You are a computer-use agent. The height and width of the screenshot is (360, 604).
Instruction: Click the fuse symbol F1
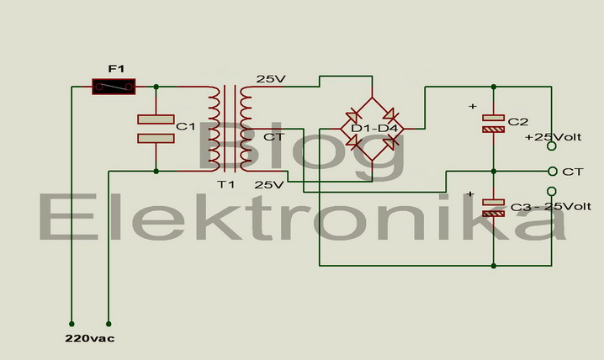(x=114, y=86)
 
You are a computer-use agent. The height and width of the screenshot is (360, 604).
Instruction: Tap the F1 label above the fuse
(x=116, y=67)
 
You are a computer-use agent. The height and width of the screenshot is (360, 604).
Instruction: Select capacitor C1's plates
(x=156, y=128)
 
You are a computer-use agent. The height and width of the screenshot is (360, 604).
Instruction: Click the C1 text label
(x=185, y=127)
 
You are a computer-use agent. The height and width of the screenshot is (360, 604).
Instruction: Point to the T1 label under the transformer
(x=225, y=184)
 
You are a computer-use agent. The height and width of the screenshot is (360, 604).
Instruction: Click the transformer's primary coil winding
(x=214, y=128)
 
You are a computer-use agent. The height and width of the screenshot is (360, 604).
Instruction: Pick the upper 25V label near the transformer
(x=271, y=79)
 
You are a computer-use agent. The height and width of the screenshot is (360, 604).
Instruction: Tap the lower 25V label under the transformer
(x=269, y=184)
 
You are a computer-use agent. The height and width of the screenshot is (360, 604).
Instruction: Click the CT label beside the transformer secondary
(x=273, y=136)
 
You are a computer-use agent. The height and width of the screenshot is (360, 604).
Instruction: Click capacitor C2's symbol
(x=494, y=124)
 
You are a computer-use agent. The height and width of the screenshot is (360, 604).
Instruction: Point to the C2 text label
(x=518, y=122)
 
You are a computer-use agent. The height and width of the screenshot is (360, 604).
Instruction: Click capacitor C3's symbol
(x=494, y=207)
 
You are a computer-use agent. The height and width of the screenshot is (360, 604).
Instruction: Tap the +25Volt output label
(x=553, y=136)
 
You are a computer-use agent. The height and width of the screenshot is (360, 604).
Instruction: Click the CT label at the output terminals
(x=572, y=171)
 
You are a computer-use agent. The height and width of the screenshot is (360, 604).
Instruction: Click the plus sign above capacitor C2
(x=472, y=106)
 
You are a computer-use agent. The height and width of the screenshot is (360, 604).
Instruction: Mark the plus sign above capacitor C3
(x=469, y=194)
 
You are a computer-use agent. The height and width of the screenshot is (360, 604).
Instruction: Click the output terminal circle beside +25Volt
(x=552, y=146)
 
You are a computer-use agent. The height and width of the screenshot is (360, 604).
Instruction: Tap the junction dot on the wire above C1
(x=156, y=86)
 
